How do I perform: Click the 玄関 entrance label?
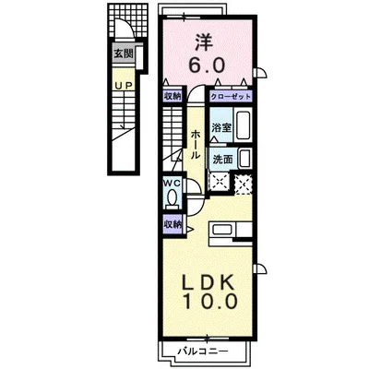(x=124, y=54)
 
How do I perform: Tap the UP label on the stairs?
(x=124, y=86)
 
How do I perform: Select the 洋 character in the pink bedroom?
(x=204, y=43)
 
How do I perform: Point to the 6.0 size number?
(x=207, y=65)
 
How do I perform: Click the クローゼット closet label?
(x=231, y=97)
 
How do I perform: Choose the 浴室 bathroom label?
(x=221, y=127)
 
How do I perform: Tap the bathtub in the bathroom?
(x=243, y=125)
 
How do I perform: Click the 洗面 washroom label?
(x=222, y=160)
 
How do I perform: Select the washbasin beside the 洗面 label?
(x=245, y=159)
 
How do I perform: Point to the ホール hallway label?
(x=196, y=145)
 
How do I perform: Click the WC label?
(x=172, y=183)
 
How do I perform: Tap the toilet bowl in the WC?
(x=172, y=198)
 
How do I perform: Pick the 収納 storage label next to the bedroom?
(x=173, y=96)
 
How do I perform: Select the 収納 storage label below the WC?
(x=173, y=225)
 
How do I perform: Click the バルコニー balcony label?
(x=203, y=351)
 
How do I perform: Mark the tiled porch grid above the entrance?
(x=127, y=20)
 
